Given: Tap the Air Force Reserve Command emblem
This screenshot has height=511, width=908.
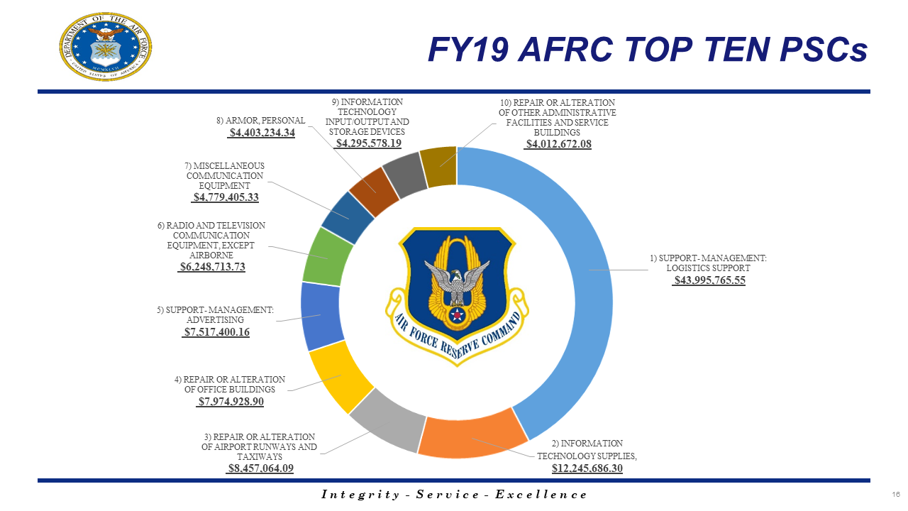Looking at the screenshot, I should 458,295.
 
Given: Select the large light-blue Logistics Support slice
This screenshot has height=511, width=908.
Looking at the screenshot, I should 582,284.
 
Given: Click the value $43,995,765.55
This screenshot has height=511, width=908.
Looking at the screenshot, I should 709,280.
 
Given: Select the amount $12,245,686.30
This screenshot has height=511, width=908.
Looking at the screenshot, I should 587,468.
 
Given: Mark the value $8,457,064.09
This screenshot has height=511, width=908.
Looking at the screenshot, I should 260,468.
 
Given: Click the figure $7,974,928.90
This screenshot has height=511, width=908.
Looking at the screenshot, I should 230,402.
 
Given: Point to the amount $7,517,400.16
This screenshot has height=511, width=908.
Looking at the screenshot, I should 216,331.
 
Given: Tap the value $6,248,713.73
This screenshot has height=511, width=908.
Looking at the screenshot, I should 212,267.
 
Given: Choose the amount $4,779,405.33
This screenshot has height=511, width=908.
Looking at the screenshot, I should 226,197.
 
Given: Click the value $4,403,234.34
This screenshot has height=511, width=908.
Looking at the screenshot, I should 261,133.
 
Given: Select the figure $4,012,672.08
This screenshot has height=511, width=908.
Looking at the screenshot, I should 558,144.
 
